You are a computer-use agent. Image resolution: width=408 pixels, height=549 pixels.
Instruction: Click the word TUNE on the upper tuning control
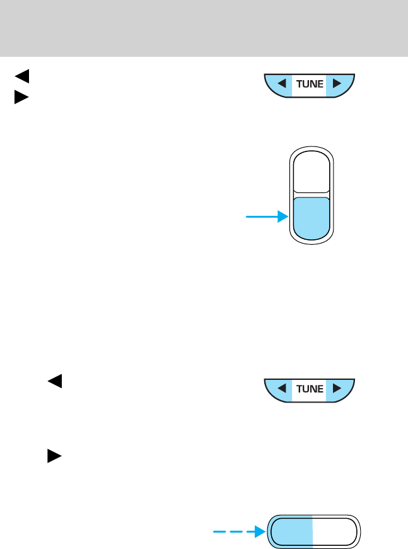pos(309,84)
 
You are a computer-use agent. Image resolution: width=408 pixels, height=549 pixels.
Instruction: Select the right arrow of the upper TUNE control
pos(337,84)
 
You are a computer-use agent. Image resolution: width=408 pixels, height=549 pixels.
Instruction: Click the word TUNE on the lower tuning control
pos(309,389)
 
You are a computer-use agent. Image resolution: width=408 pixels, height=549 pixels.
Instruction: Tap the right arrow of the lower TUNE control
pos(337,389)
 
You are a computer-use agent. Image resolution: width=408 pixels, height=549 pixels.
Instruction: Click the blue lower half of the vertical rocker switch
pos(311,218)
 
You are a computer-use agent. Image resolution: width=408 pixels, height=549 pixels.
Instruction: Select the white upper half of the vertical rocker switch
pos(311,170)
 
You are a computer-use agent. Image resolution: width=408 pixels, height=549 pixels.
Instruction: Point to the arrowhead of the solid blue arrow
pos(282,217)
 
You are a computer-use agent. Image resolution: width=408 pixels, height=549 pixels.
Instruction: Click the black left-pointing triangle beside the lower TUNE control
pos(54,381)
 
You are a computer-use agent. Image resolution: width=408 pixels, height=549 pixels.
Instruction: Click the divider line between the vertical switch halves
pos(311,192)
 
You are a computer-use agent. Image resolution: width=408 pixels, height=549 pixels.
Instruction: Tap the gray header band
pos(204,28)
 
